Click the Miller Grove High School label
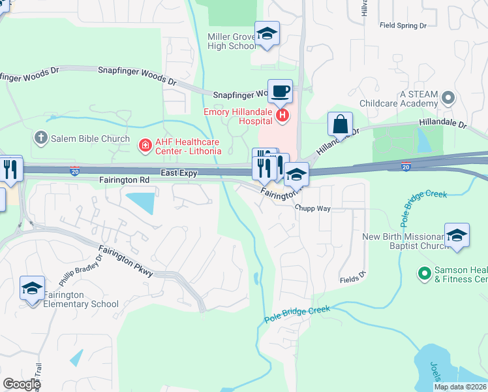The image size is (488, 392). point(232,41)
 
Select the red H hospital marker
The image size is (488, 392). point(282,116)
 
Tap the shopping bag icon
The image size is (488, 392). point(340,123)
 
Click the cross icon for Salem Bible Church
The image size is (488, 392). point(40,138)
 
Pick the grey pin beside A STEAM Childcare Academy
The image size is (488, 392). point(448,98)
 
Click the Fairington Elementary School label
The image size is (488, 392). point(81,299)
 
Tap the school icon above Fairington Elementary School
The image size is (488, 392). point(33,288)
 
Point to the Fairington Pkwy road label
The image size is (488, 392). point(127,260)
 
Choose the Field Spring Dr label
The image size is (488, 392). point(403,25)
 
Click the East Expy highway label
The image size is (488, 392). point(179,172)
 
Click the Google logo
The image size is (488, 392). point(22,384)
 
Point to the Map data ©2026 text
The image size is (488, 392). point(460,387)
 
